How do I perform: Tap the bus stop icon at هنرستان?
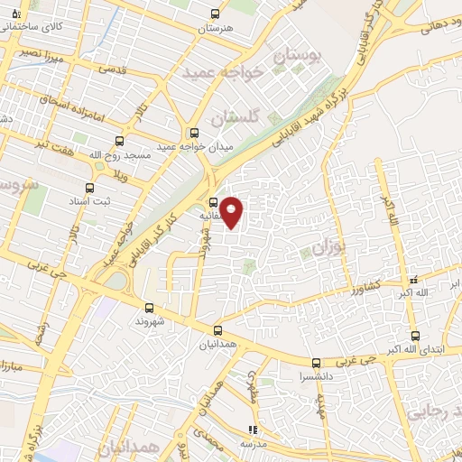click(214, 14)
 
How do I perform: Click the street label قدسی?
click(112, 68)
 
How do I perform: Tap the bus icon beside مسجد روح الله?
click(119, 142)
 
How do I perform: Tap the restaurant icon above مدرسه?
click(253, 430)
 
